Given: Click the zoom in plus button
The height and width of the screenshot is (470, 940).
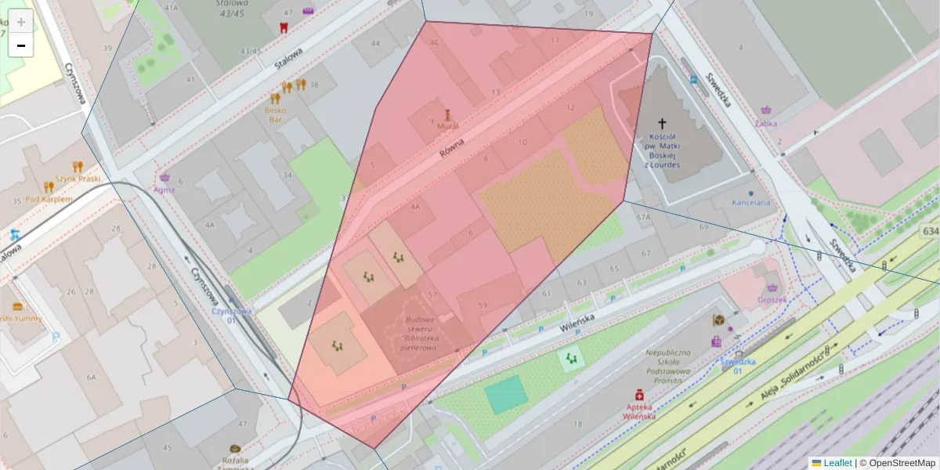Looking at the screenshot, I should pos(21,22).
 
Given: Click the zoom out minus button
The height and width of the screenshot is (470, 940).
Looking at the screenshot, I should pos(21,45).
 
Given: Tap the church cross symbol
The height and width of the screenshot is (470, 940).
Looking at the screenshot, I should pos(662,123).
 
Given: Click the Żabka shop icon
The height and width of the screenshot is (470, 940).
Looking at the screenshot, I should pos(765,110).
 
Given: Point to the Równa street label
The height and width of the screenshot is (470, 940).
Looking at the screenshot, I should pos(452,147).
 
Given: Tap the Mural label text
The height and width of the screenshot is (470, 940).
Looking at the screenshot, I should pos(448,125).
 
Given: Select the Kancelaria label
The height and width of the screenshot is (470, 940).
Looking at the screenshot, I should pos(750,202).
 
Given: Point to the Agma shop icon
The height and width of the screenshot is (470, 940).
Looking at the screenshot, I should pos(164,178).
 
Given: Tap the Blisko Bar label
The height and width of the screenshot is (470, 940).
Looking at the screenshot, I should pos(275,115).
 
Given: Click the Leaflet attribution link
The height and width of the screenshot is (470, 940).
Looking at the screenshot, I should pos(837,463).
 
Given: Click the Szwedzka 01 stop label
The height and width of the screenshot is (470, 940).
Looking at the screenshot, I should pos(737,366).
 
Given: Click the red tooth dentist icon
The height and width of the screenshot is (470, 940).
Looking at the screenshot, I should pos(284,27).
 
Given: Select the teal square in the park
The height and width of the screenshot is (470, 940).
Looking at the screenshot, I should pos(505,395).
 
